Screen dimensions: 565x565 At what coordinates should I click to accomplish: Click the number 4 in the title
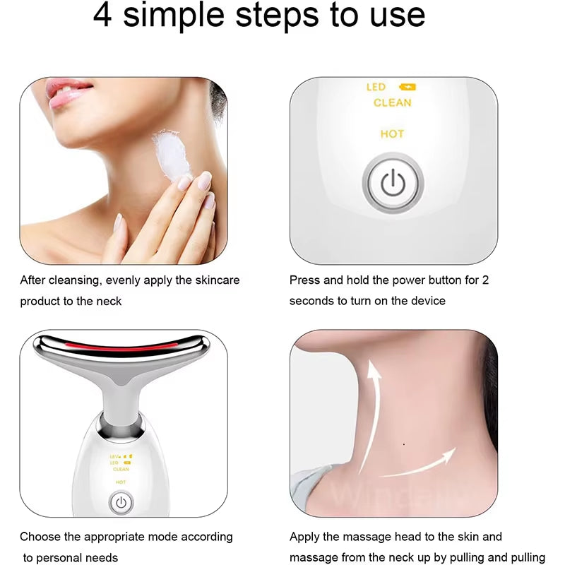(103, 16)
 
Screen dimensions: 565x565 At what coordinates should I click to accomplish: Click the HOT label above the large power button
(392, 134)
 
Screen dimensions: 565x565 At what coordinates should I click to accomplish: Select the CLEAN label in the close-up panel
(392, 103)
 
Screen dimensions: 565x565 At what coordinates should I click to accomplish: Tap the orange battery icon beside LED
(408, 88)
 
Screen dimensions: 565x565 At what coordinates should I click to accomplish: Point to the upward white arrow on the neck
(370, 417)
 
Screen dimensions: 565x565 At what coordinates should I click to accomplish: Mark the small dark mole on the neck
(403, 444)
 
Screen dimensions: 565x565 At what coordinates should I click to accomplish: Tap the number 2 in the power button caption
(485, 280)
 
